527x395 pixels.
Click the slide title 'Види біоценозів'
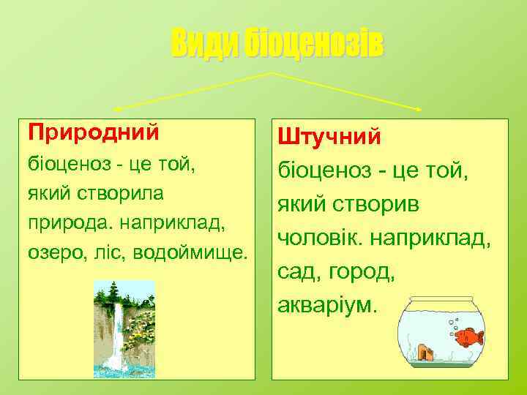pyautogui.click(x=277, y=45)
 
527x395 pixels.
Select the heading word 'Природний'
pyautogui.click(x=93, y=132)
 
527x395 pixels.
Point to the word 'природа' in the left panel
pyautogui.click(x=60, y=222)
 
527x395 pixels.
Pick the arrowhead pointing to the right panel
pyautogui.click(x=419, y=110)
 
